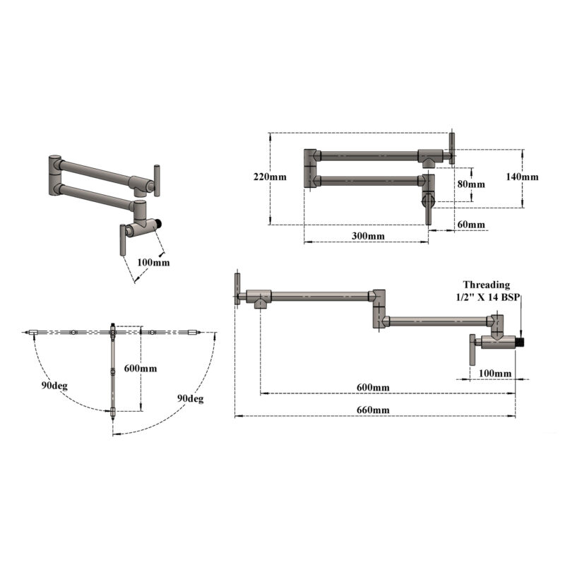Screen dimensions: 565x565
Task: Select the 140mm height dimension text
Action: click(x=523, y=177)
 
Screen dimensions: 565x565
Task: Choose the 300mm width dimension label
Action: click(x=367, y=236)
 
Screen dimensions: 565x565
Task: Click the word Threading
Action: click(x=487, y=285)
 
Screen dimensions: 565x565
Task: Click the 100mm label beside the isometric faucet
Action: click(x=153, y=262)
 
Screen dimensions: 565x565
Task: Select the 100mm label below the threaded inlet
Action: click(x=495, y=373)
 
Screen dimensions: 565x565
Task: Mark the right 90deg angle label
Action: click(x=190, y=399)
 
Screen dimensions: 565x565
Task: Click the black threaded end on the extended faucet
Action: click(x=521, y=342)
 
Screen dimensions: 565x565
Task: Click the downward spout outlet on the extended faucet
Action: click(x=261, y=304)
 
